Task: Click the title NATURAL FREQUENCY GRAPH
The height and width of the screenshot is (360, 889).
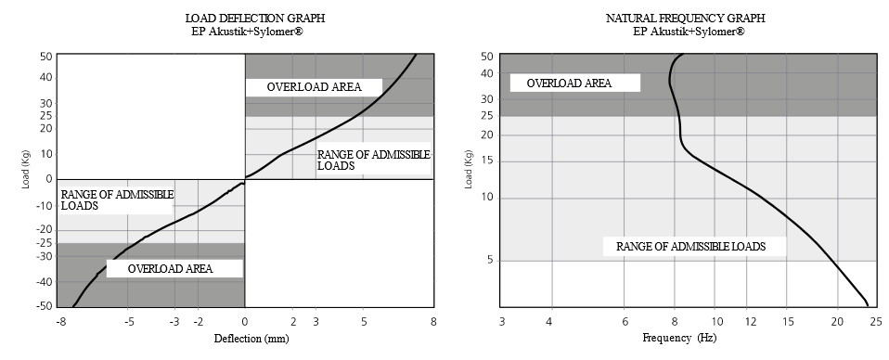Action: pyautogui.click(x=688, y=19)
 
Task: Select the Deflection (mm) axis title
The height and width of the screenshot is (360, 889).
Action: pyautogui.click(x=244, y=338)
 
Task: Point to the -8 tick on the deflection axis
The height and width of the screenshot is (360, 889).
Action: pyautogui.click(x=59, y=321)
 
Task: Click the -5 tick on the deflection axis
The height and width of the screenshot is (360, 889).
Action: pyautogui.click(x=129, y=321)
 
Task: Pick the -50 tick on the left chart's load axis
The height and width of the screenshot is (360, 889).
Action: pyautogui.click(x=44, y=305)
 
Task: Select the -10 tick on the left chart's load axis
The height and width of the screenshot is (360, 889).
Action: pyautogui.click(x=44, y=204)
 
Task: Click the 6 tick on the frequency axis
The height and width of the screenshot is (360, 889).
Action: pyautogui.click(x=625, y=321)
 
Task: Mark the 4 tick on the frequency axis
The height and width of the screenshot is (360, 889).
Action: pyautogui.click(x=549, y=321)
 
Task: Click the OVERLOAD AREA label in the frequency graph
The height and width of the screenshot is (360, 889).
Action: pyautogui.click(x=569, y=83)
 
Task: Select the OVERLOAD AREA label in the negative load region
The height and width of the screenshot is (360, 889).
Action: pyautogui.click(x=170, y=268)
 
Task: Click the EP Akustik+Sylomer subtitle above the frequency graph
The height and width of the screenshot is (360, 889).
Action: pyautogui.click(x=688, y=32)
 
